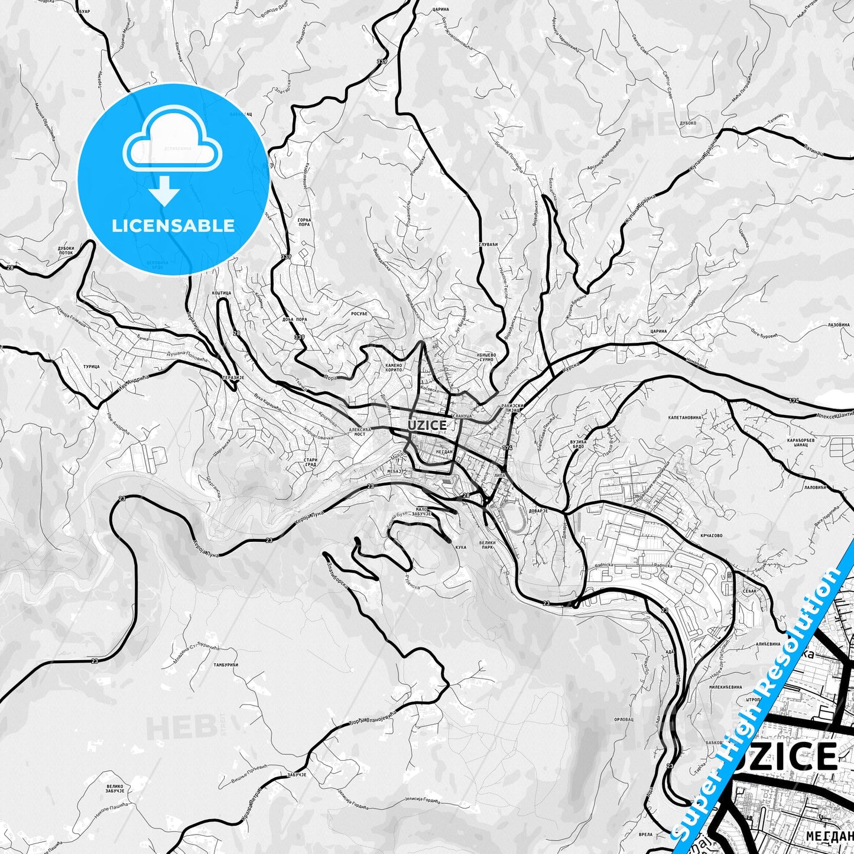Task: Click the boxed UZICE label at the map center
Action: (x=427, y=425)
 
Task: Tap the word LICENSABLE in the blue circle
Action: (x=173, y=226)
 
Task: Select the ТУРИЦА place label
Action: (x=92, y=366)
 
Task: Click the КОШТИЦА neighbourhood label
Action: (x=221, y=293)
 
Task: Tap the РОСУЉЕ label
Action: (x=359, y=313)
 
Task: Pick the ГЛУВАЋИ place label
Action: (x=488, y=244)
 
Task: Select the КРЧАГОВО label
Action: (x=711, y=536)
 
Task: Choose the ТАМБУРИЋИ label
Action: (x=226, y=665)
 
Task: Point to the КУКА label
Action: (x=461, y=547)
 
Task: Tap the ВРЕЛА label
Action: (x=645, y=834)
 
